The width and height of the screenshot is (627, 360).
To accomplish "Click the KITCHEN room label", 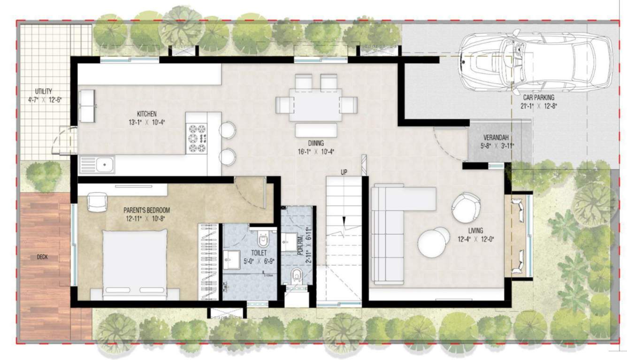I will pos(146,114).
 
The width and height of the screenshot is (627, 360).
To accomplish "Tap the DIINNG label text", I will pos(315,143).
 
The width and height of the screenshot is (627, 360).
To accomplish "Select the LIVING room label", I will pos(479,230).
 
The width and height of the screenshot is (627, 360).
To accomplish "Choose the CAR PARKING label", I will pos(539,98).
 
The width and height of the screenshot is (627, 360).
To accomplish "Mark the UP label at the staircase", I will pos(344,172).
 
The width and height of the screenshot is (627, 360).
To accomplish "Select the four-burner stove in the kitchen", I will pos(198,138).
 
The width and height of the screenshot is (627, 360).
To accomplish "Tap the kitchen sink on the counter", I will pos(98,165).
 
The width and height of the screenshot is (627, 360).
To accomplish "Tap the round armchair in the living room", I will pos(466,206).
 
